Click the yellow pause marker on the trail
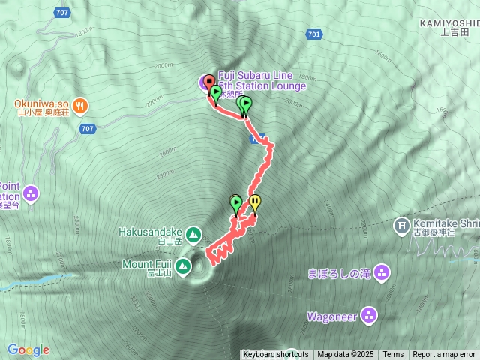[x=255, y=202]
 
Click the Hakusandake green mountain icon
[x=193, y=235]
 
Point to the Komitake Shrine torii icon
[x=402, y=224]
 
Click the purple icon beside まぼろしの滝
[x=381, y=273]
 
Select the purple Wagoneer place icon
[x=369, y=315]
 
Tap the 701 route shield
[x=314, y=34]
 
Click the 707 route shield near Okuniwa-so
[x=88, y=129]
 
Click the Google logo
[x=28, y=349]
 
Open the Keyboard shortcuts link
[x=275, y=355]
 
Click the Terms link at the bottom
[x=393, y=355]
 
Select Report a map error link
[x=444, y=355]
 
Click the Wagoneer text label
[x=331, y=316]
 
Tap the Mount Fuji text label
[x=148, y=264]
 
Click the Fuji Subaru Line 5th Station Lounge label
[x=261, y=81]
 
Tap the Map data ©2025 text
[x=345, y=355]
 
